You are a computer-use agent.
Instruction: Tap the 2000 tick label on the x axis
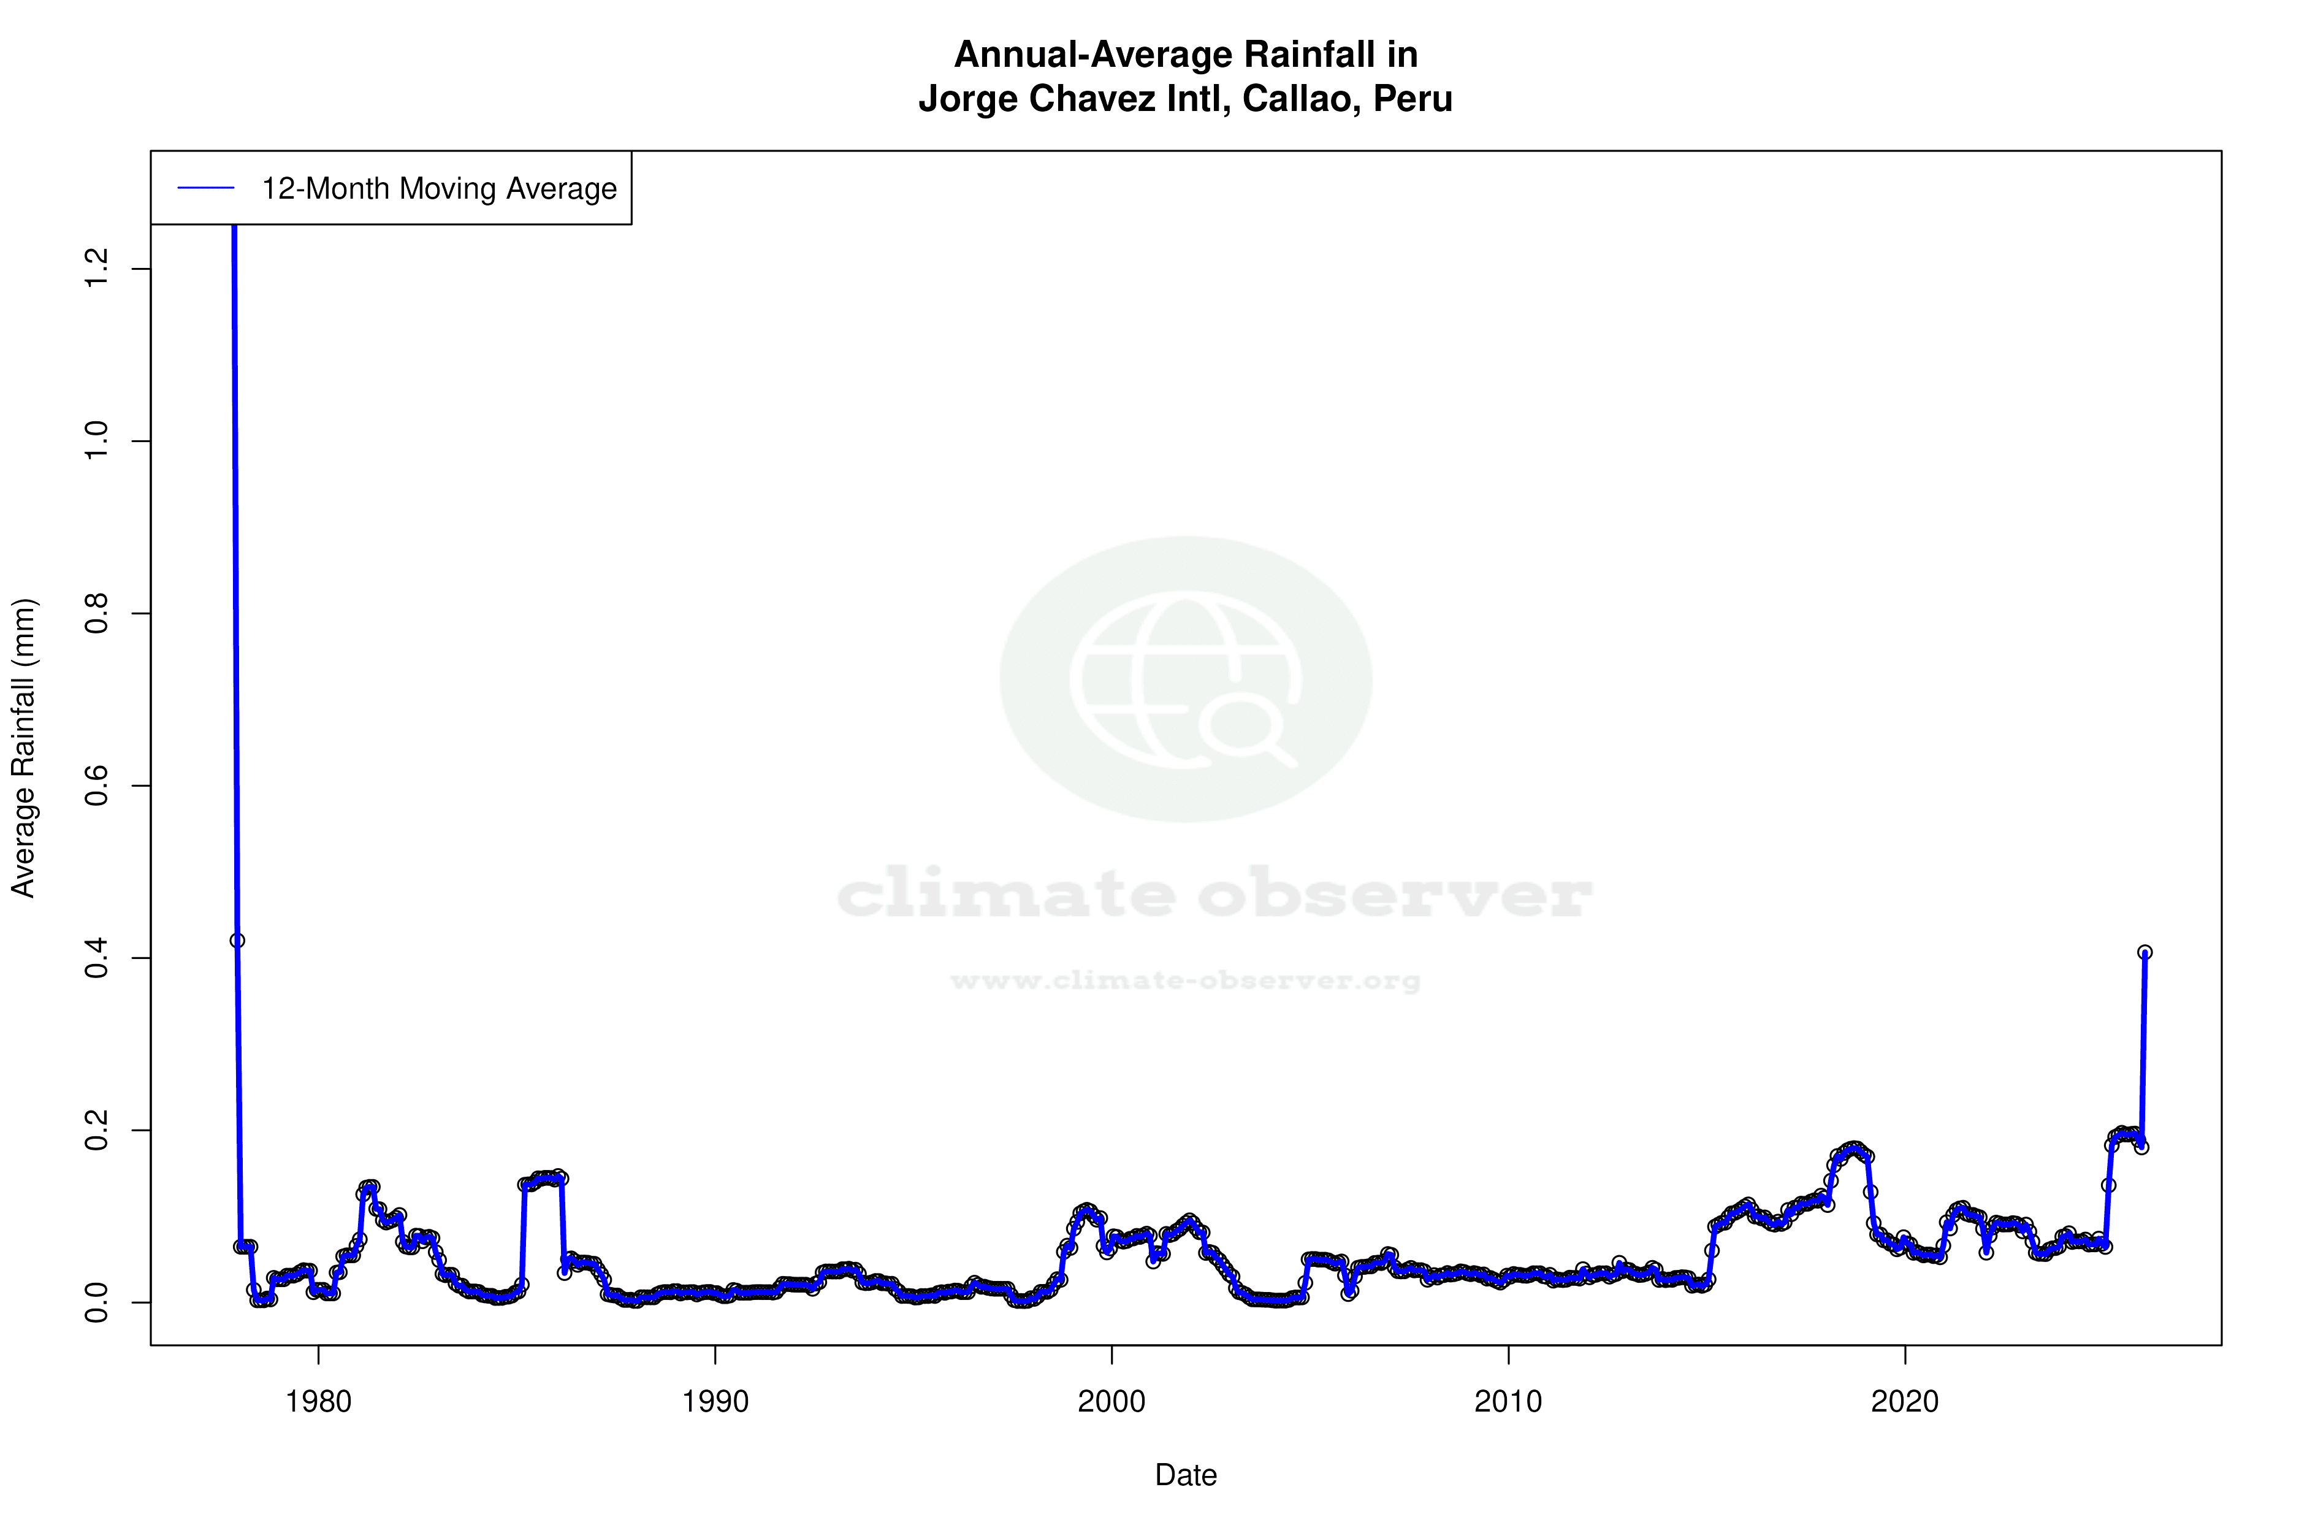point(1111,1402)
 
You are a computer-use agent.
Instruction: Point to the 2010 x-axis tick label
point(1508,1402)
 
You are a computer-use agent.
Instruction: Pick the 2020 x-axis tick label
point(1905,1402)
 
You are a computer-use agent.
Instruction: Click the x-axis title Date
point(1186,1475)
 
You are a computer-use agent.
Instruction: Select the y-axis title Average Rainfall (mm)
point(23,748)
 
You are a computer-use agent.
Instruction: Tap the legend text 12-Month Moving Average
point(439,189)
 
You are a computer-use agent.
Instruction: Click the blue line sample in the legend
point(206,189)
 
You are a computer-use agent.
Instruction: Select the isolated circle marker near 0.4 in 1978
point(237,941)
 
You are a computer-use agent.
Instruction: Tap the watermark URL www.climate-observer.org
point(1186,981)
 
